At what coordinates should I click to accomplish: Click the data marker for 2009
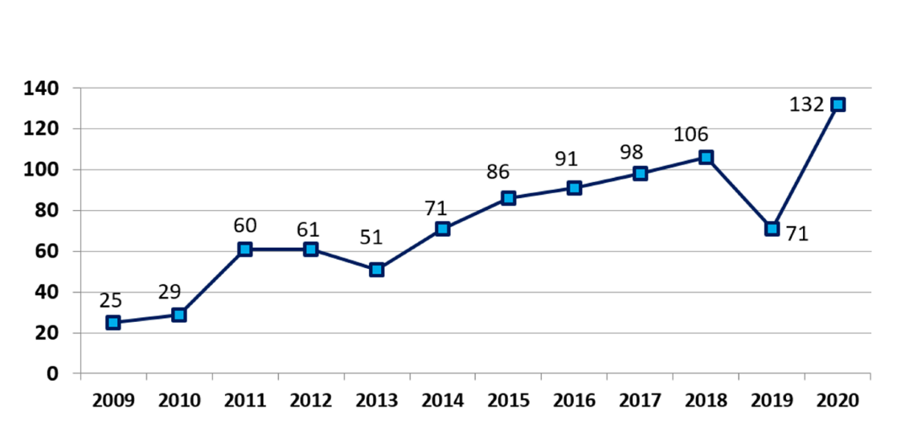coord(113,323)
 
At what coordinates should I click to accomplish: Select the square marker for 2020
coord(838,105)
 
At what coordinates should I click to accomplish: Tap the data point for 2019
coord(772,229)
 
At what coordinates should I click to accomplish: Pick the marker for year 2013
coord(376,270)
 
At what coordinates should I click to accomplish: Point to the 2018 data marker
coord(706,158)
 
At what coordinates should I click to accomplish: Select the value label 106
coord(691,134)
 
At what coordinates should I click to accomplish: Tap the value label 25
coord(111,300)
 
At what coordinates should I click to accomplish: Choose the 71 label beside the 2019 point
coord(797,235)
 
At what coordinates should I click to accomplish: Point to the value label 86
coord(498,172)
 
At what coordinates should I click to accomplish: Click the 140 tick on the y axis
coord(42,88)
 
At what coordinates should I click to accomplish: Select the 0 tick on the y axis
coord(52,374)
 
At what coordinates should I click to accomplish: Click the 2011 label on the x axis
coord(245,399)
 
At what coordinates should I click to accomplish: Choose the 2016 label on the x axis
coord(574,399)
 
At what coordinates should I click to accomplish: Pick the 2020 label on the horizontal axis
coord(838,399)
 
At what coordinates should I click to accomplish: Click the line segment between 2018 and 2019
coord(739,193)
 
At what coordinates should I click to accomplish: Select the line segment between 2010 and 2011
coord(212,282)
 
